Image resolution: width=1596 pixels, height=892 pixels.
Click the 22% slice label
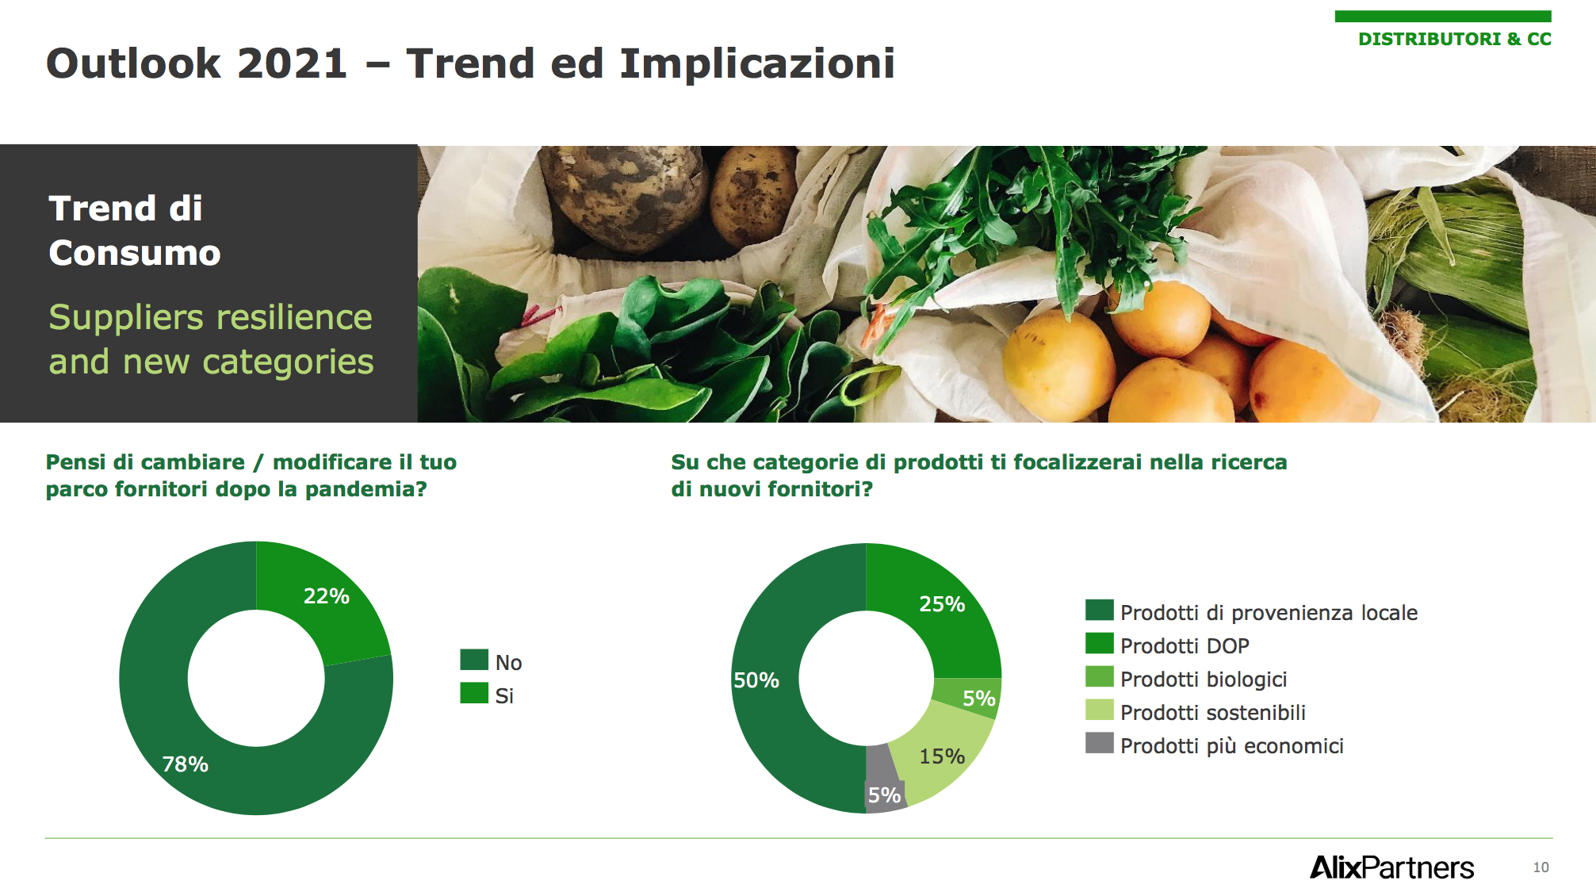326,596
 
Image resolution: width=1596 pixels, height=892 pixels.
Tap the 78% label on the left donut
185,764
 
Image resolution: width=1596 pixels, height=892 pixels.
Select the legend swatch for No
474,660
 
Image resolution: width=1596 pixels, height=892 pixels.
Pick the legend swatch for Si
474,693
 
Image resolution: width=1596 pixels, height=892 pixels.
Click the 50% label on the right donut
756,680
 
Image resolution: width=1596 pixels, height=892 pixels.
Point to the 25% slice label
942,604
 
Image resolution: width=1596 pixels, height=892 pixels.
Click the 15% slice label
942,756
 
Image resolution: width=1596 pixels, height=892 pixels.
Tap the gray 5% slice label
884,795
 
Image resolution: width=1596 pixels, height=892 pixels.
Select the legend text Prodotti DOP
1185,646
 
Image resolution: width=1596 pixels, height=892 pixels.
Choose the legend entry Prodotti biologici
1204,680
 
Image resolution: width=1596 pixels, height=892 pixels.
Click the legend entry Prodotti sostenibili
1213,713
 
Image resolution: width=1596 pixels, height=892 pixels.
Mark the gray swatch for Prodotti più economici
1100,743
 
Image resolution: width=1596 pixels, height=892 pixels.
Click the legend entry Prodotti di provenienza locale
1269,613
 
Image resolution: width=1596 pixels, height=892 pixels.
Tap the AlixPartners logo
1391,867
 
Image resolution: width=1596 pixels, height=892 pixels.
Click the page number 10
1541,867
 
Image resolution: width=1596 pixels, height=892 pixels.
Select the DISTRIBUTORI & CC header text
1454,39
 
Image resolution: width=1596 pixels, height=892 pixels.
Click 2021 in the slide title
292,63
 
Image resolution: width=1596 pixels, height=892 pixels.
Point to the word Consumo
135,253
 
